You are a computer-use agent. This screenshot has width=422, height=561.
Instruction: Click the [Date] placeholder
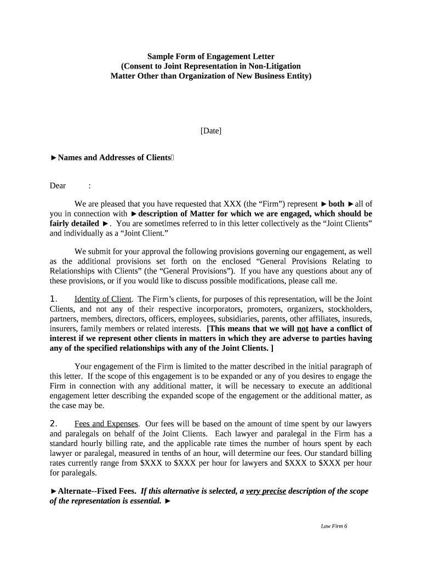click(211, 131)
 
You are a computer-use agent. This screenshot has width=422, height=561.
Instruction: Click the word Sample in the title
click(160, 56)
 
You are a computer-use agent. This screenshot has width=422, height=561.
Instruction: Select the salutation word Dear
click(58, 186)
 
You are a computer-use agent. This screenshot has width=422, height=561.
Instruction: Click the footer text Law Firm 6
click(334, 526)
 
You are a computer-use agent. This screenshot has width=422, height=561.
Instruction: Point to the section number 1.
click(54, 299)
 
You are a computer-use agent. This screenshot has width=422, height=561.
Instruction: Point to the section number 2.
click(54, 424)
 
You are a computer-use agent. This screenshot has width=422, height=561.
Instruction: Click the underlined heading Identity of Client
click(103, 299)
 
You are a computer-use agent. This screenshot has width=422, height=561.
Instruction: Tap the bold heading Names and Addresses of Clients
click(114, 158)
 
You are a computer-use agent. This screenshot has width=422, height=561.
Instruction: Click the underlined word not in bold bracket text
click(303, 329)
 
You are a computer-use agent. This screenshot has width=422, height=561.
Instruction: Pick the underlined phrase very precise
click(266, 491)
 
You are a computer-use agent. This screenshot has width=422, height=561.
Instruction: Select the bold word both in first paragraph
click(336, 204)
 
